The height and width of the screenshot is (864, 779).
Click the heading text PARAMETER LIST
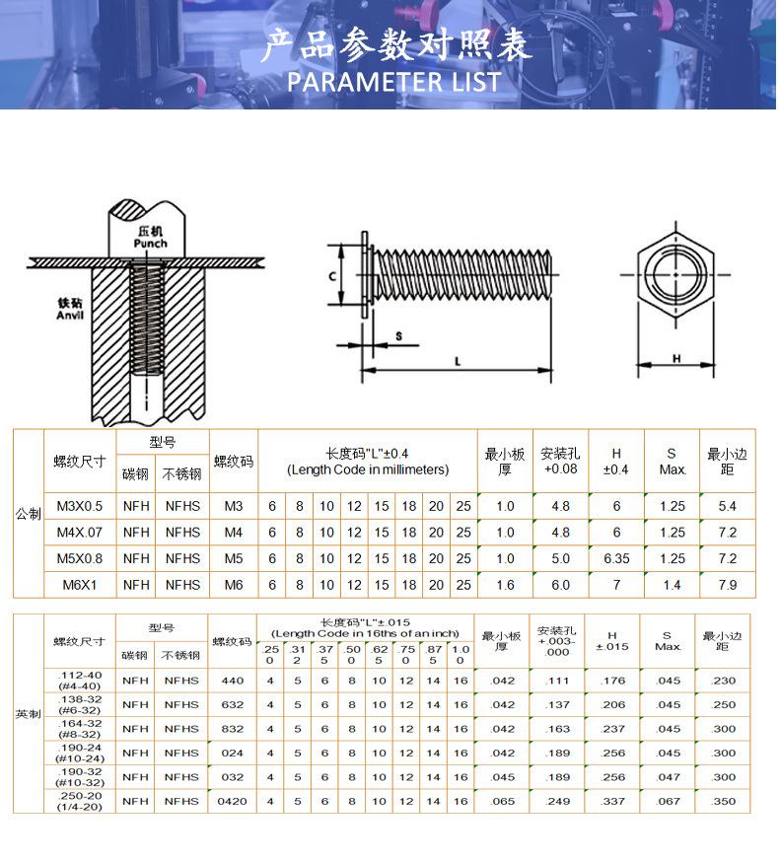coord(394,80)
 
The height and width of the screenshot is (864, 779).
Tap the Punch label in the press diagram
coord(150,243)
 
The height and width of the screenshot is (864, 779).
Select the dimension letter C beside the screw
coord(332,276)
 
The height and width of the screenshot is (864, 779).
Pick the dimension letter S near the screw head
coord(398,336)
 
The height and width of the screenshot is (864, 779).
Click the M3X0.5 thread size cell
coord(80,506)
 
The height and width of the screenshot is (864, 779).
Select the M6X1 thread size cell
coord(80,585)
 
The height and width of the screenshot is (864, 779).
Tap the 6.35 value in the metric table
coord(616,558)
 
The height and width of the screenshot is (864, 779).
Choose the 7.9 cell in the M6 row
coord(728,585)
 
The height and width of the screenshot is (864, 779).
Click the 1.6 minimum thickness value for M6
coord(505,585)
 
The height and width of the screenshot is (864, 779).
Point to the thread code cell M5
coord(233,558)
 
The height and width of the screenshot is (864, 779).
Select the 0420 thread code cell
coord(232,802)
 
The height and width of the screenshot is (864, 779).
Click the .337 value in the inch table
coord(613,802)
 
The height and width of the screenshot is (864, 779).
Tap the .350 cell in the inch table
coord(724,802)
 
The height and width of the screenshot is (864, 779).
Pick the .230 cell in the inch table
coord(724,681)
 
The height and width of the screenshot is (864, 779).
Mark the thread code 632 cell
coord(232,705)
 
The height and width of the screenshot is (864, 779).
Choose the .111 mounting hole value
coord(558,681)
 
